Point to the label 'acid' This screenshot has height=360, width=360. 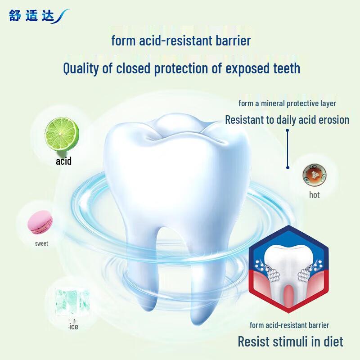(63, 161)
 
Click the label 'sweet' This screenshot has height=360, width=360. (41, 243)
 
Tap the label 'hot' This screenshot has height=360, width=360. (314, 195)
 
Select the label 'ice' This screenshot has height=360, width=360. (73, 326)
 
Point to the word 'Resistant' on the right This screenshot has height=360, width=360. (247, 120)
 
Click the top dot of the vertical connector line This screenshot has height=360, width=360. (287, 131)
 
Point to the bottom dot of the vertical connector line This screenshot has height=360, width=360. (287, 167)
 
